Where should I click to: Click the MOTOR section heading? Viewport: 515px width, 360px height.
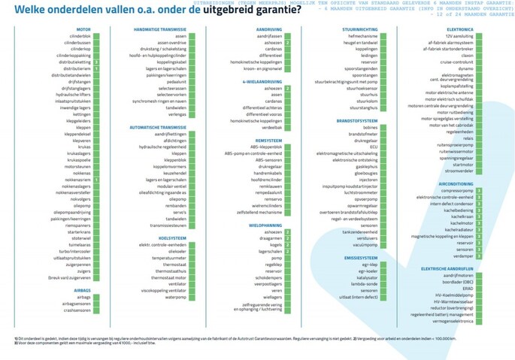(x=83, y=29)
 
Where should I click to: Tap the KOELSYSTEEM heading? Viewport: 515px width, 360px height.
(x=174, y=237)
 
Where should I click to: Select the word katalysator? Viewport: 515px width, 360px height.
(x=365, y=277)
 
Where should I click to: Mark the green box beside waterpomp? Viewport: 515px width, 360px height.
(x=192, y=297)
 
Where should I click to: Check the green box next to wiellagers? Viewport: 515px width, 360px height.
(x=286, y=297)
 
